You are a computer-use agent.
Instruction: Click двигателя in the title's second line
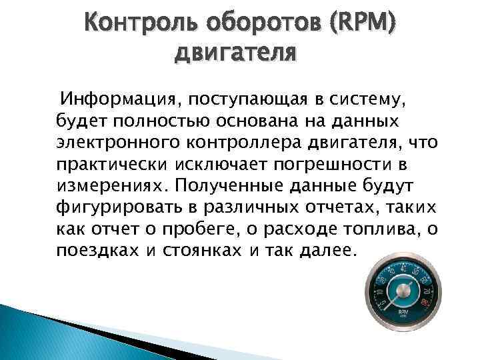point(235,52)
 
